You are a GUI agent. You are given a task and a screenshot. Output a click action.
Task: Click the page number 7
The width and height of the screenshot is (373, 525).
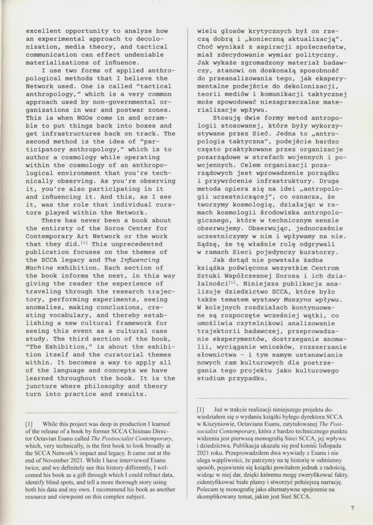coord(352,508)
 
